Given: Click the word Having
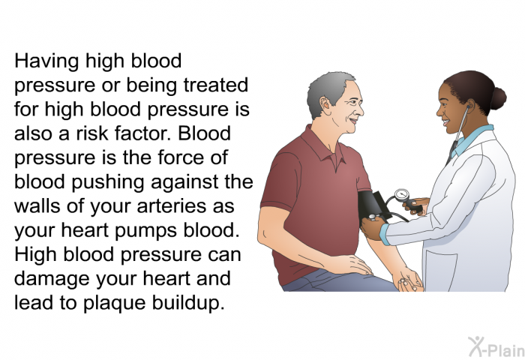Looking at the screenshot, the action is coord(46,62).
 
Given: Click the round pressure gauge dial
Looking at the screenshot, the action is coord(401,195).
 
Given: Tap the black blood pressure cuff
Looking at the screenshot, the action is coord(371,208).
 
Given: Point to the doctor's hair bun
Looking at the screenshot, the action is coord(498,98).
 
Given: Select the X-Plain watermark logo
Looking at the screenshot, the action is coord(496,346).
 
